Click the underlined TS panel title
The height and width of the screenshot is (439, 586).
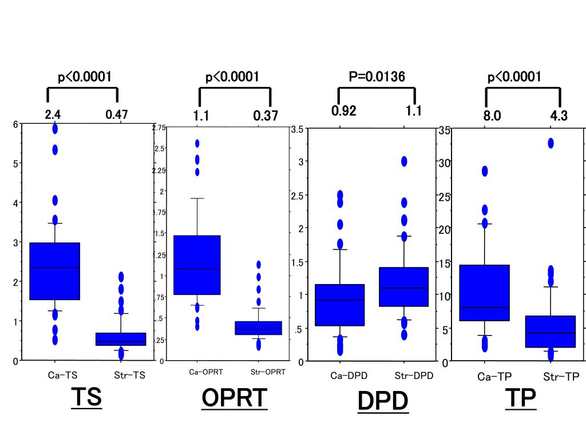point(86,397)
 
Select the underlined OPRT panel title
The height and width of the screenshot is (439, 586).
point(234,398)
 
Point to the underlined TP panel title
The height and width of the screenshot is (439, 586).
point(521,398)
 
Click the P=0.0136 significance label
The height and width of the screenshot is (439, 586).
point(377,77)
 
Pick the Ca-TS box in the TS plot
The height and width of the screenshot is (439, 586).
point(55,271)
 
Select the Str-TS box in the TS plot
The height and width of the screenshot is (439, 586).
point(121,339)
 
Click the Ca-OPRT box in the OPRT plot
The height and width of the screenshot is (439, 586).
point(196,265)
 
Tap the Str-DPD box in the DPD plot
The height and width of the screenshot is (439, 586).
point(404,287)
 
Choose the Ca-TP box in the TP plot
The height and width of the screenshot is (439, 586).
point(485,293)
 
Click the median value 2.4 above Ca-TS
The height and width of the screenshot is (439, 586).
point(53,115)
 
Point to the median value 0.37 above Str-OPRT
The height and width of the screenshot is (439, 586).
point(266,116)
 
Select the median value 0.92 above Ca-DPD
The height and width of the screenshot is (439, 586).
point(344,111)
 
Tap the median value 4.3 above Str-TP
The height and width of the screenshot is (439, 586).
point(559,116)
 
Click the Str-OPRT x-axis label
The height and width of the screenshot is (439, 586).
point(268,372)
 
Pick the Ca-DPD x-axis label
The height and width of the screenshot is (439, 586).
point(349,376)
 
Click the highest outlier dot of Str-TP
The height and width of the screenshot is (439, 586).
point(551,143)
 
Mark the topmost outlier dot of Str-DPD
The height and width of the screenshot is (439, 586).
point(404,161)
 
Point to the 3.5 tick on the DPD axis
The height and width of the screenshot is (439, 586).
point(297,129)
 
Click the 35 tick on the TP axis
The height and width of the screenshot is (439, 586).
point(445,130)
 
